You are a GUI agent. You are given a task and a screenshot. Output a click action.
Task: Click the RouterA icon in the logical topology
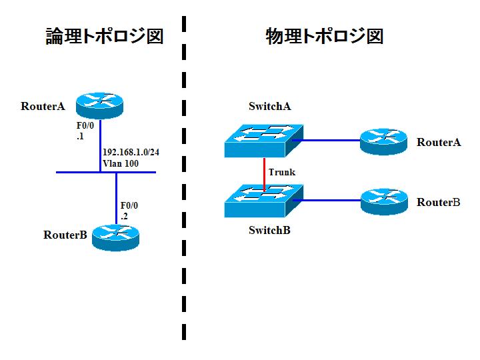(x=99, y=104)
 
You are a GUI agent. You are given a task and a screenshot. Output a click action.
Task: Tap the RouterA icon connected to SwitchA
(x=383, y=141)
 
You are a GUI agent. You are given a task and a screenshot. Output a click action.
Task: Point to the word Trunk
(x=281, y=172)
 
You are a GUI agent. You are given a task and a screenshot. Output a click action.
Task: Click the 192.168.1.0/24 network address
(x=131, y=152)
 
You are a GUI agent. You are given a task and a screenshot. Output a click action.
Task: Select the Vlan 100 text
(x=121, y=163)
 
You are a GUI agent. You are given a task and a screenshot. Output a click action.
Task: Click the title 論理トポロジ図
(x=104, y=36)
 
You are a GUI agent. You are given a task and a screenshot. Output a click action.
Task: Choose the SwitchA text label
(x=270, y=106)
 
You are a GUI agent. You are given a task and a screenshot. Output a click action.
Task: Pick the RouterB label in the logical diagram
(x=65, y=235)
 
